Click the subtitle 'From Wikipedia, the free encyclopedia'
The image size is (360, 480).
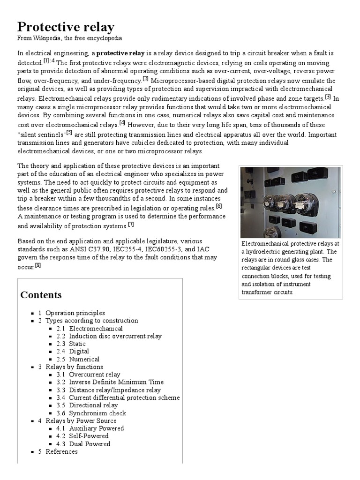click(70, 38)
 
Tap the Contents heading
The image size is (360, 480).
click(41, 295)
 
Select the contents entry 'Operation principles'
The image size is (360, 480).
click(75, 313)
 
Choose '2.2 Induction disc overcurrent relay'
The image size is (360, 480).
click(115, 336)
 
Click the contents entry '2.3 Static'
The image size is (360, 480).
click(77, 344)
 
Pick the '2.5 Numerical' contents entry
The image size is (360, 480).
click(84, 359)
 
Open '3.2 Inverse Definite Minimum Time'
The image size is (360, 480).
click(116, 382)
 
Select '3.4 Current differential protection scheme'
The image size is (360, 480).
click(124, 397)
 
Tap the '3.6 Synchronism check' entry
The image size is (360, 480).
click(97, 413)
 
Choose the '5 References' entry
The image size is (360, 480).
click(61, 451)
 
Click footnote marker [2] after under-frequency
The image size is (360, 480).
click(145, 79)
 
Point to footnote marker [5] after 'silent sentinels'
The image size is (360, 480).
click(69, 132)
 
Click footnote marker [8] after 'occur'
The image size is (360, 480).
click(38, 265)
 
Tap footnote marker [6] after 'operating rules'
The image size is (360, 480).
click(219, 206)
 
